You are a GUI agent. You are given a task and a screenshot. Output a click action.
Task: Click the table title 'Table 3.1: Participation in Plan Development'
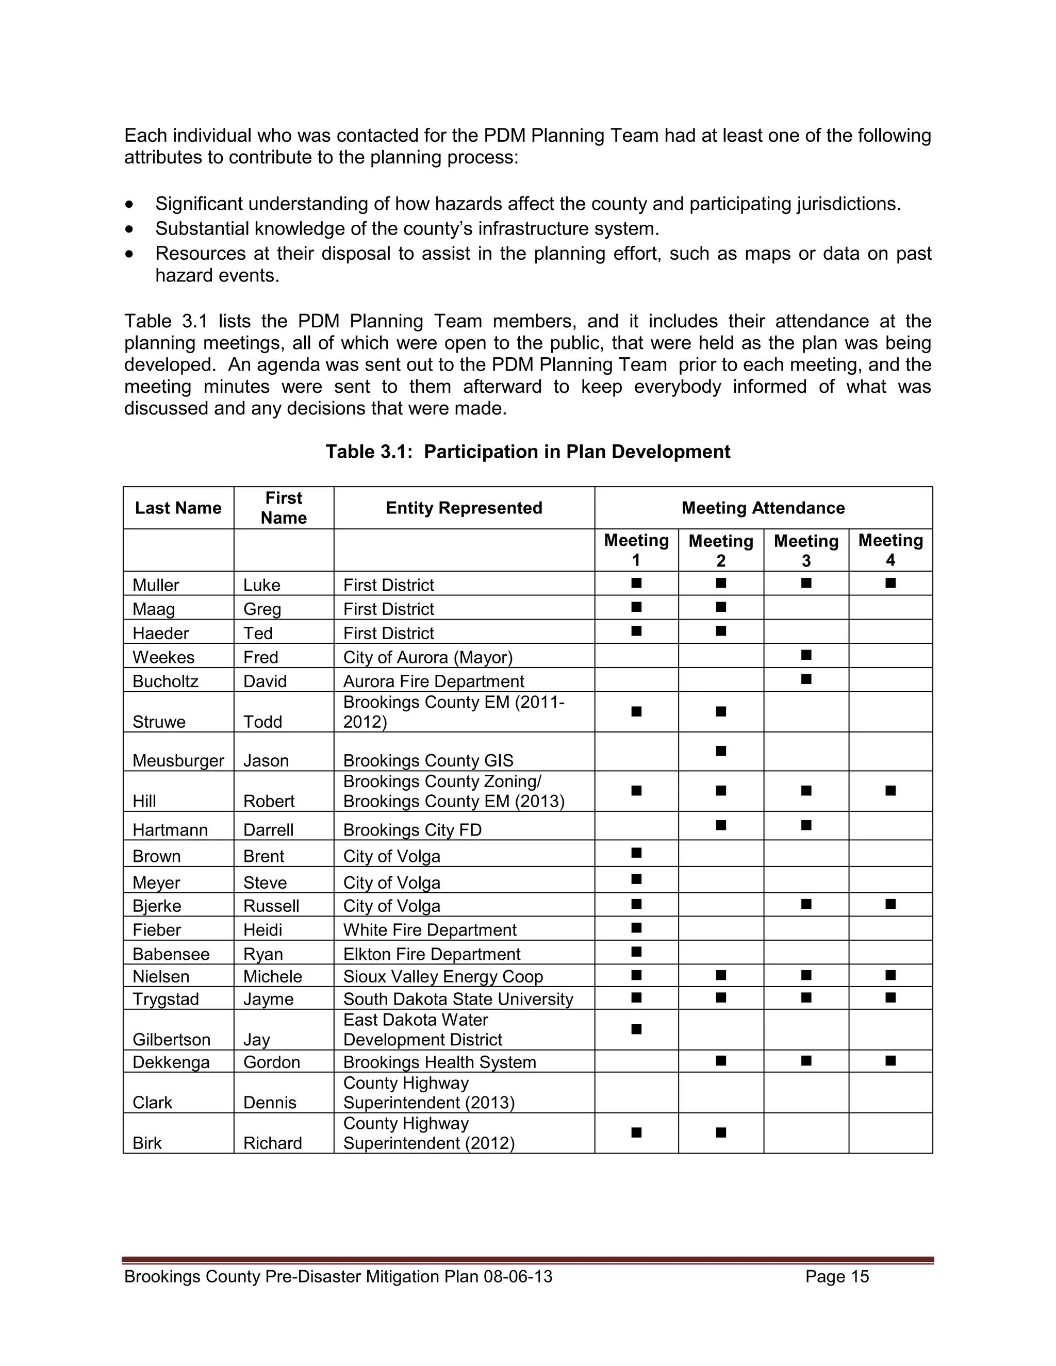(x=527, y=452)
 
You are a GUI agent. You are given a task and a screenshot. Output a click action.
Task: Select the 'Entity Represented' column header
(x=464, y=508)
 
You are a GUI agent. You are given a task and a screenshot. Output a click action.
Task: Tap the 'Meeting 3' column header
(x=806, y=550)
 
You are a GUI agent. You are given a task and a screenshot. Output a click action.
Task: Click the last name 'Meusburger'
(x=178, y=760)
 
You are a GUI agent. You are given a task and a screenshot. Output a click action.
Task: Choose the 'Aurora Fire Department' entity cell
(x=434, y=681)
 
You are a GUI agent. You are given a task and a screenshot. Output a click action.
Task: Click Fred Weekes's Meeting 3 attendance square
(x=806, y=655)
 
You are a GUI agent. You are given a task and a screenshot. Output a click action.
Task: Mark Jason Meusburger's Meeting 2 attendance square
(x=721, y=751)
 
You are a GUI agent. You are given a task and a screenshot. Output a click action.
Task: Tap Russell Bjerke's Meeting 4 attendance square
(x=890, y=904)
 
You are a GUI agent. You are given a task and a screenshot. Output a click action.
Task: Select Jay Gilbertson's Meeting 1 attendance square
(x=636, y=1029)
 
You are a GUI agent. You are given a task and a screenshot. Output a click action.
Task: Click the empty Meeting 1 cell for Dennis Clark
(x=636, y=1093)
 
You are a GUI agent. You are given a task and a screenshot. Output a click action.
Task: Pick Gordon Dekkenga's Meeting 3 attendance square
(x=806, y=1060)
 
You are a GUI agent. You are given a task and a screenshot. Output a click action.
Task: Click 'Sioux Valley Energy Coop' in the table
(x=442, y=976)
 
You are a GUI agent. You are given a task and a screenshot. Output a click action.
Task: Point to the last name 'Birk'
(x=147, y=1143)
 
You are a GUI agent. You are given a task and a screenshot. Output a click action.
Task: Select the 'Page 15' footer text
(x=837, y=1276)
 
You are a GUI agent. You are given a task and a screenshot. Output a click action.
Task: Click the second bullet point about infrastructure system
(x=407, y=229)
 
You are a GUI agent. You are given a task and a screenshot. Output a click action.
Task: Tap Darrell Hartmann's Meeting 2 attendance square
(x=721, y=825)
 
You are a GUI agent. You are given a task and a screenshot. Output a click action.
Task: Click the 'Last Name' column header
(x=178, y=508)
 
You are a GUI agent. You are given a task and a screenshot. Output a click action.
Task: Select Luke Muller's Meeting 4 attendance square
(x=890, y=583)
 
